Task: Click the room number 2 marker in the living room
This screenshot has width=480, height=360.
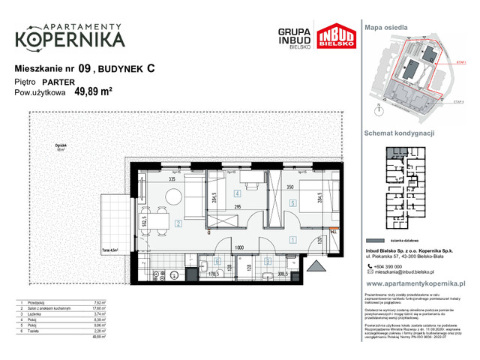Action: pos(178,223)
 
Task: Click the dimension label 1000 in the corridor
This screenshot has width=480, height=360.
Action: pos(238,247)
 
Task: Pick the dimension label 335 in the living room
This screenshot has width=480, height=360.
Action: pos(172,180)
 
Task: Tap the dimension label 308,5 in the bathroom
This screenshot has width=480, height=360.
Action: pos(283,274)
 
